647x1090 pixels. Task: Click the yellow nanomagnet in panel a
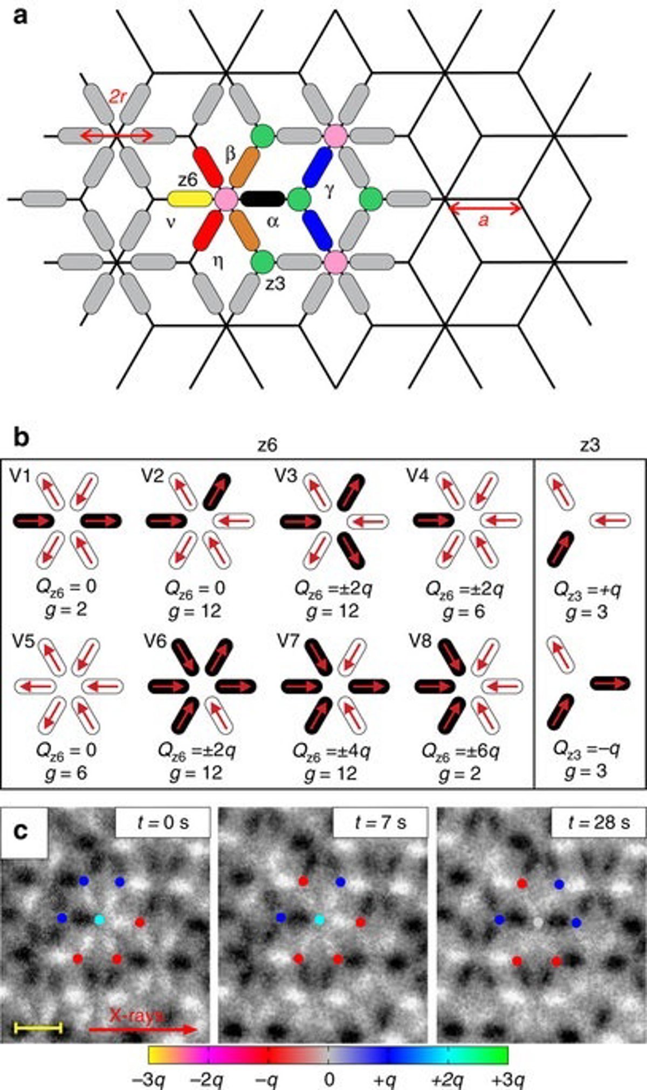tap(189, 199)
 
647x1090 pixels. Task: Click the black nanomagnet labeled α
tap(263, 199)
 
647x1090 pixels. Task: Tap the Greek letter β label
tap(230, 155)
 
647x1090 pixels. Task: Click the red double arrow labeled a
tap(485, 208)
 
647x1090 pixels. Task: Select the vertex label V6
tap(155, 642)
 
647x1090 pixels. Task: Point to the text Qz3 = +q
tap(587, 589)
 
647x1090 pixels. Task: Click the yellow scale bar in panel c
tap(38, 1028)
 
